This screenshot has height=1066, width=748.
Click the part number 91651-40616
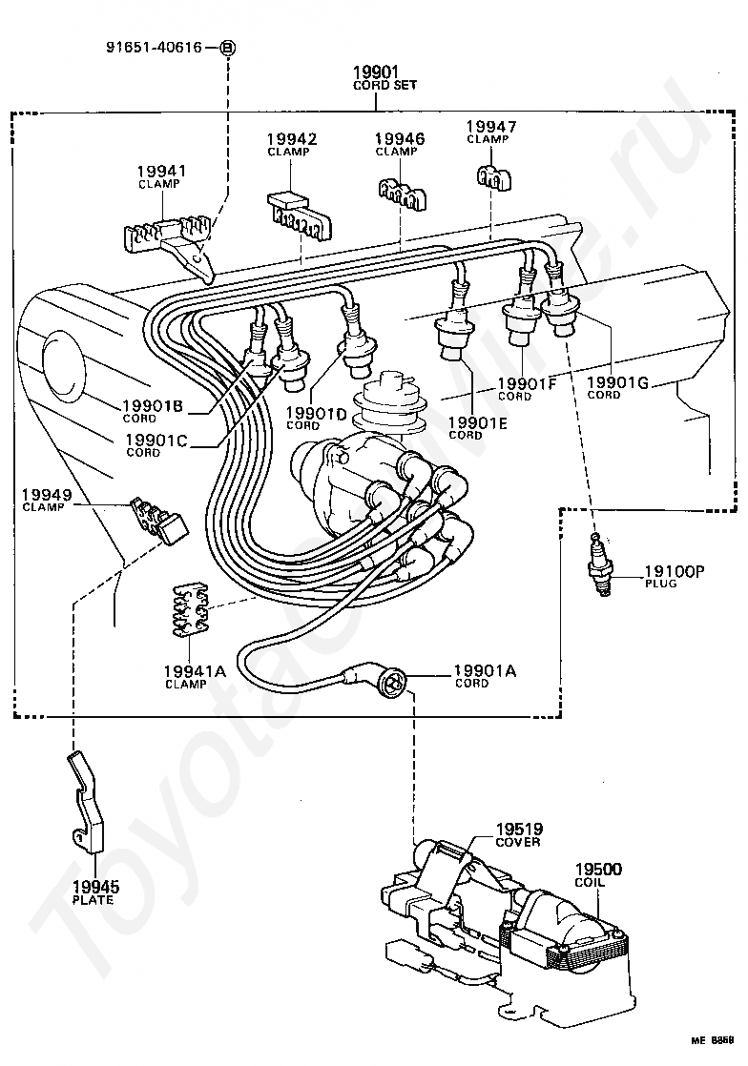[154, 47]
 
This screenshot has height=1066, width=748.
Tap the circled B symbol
[228, 48]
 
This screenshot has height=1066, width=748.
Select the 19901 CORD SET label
[384, 77]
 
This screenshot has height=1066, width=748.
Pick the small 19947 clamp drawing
[493, 177]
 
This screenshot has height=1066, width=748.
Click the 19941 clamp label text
[161, 176]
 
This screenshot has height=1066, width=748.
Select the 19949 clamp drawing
[159, 522]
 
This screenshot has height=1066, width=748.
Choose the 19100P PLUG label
[674, 576]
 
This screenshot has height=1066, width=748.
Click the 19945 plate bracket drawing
[86, 801]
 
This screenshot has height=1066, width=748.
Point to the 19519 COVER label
[519, 835]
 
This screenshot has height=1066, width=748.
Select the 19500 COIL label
[598, 875]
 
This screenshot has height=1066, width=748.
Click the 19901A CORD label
[485, 676]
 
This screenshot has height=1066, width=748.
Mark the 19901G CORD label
[617, 388]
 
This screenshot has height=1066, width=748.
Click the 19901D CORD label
[316, 419]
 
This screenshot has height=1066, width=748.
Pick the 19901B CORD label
[153, 411]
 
